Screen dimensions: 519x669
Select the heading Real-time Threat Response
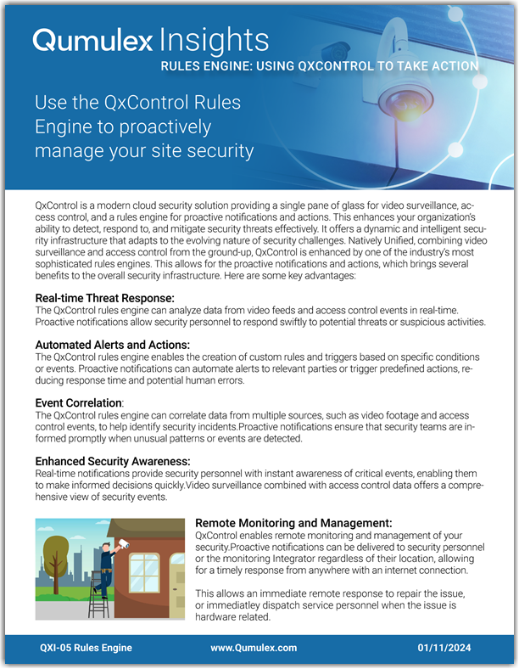(104, 298)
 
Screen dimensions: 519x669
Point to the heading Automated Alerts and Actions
(112, 345)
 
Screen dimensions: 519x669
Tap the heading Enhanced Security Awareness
(112, 460)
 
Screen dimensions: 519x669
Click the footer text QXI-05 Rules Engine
(86, 648)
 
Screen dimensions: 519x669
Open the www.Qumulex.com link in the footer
(254, 648)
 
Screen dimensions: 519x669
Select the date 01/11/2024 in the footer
(447, 648)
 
